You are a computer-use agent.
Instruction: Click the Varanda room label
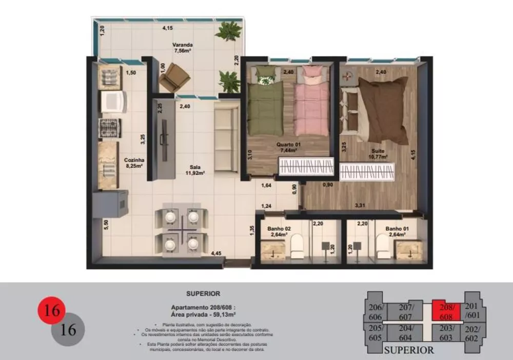pos(182,48)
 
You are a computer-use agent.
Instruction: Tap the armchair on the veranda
pos(174,78)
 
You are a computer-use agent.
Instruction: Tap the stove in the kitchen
pos(109,128)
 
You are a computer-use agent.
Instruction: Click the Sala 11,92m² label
pos(194,170)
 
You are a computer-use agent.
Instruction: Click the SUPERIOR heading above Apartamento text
pos(203,294)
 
